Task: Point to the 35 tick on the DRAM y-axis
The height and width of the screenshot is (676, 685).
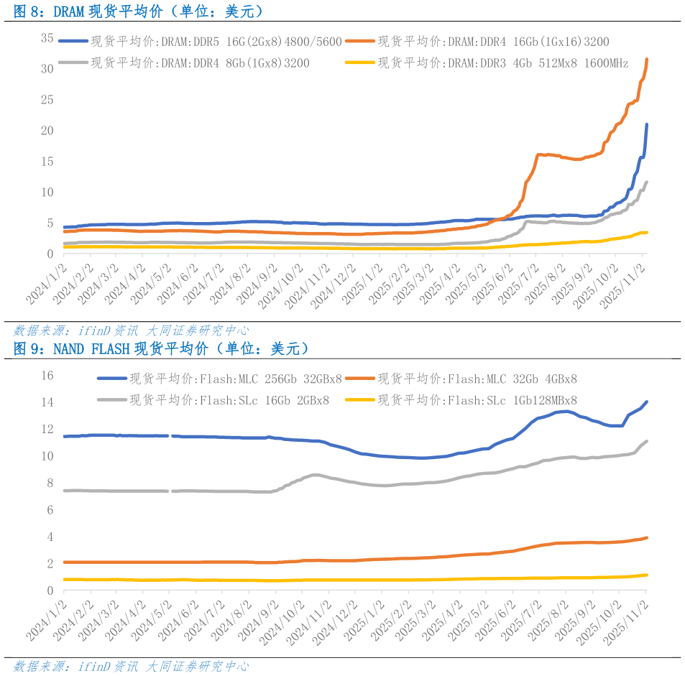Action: (x=47, y=37)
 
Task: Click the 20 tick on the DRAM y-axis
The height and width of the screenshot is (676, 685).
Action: (x=47, y=130)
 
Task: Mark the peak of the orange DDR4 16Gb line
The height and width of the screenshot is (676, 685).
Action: (x=648, y=60)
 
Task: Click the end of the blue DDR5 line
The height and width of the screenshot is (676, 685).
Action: (x=647, y=124)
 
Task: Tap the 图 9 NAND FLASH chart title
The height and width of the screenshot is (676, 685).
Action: (x=162, y=349)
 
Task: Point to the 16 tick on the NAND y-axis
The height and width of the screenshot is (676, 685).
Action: (x=48, y=375)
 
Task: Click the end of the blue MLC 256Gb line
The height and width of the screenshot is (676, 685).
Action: (x=647, y=402)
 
